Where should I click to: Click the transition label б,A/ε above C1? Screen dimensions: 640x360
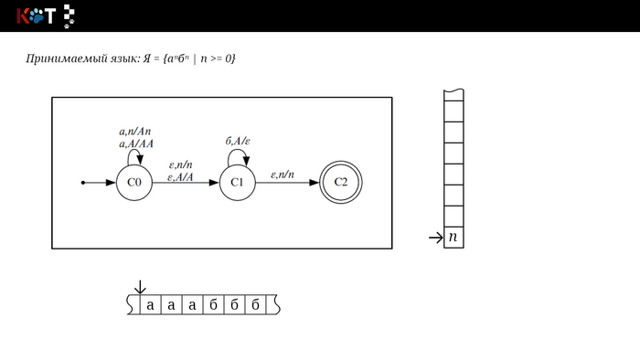tap(238, 141)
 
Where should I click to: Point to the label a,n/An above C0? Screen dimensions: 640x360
tap(135, 132)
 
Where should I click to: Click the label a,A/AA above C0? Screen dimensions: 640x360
tap(136, 144)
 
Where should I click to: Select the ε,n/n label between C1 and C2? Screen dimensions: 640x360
tap(282, 175)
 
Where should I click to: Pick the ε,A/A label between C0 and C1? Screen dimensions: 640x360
tap(180, 177)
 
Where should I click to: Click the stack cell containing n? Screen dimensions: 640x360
tap(453, 238)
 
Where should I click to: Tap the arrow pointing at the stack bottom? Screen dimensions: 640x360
tap(436, 238)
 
